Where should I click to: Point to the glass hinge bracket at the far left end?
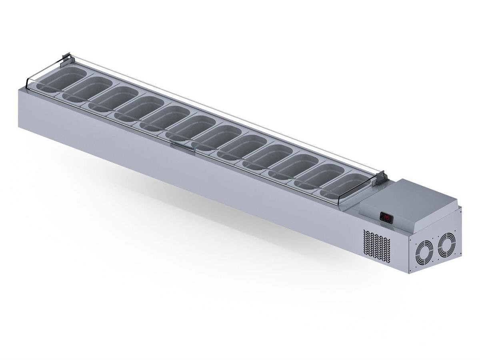(x=67, y=58)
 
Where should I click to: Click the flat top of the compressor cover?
(x=416, y=196)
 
